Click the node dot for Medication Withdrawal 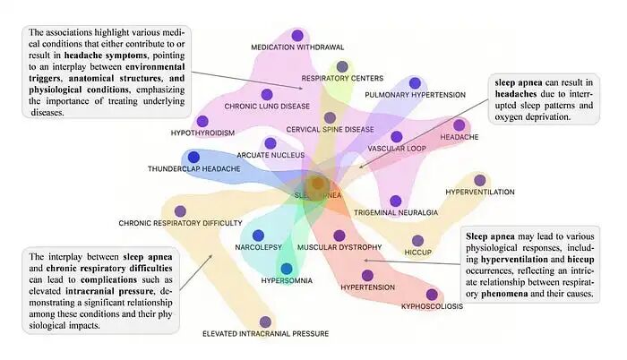click(x=296, y=35)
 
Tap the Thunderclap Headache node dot click(x=193, y=158)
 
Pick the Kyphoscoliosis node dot click(x=432, y=294)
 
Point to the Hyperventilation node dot click(x=480, y=180)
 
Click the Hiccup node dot click(x=417, y=240)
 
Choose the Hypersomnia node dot click(x=287, y=268)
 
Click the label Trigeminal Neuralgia click(x=395, y=213)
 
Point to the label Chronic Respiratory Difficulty click(x=180, y=223)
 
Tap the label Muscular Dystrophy click(x=339, y=247)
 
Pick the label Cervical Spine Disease click(x=330, y=130)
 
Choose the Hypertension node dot click(x=366, y=275)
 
